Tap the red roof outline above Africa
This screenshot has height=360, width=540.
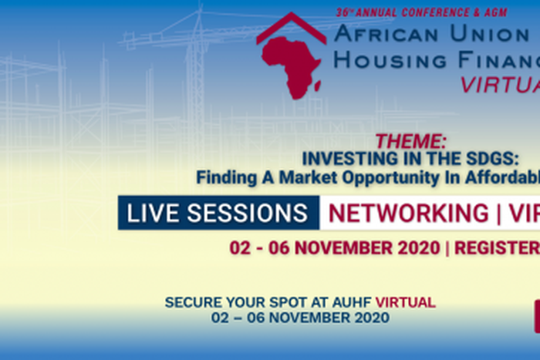click(x=292, y=28)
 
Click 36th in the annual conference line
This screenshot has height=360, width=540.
click(x=344, y=12)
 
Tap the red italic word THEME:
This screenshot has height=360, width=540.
click(x=410, y=141)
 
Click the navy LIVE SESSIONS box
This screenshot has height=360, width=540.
click(x=218, y=213)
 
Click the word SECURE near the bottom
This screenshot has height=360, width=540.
click(x=191, y=302)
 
